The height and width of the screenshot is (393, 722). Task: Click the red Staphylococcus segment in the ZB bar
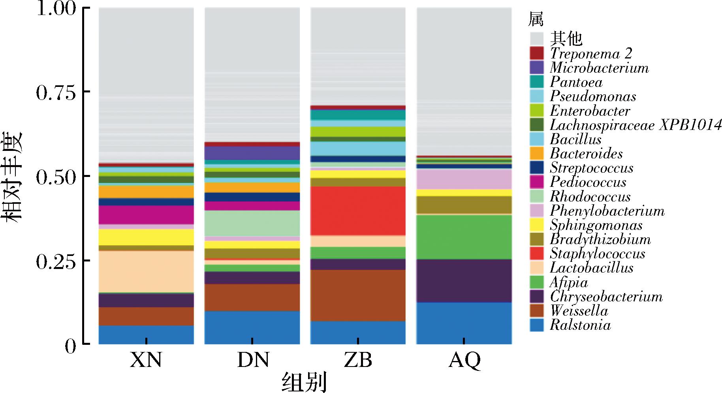[x=358, y=211]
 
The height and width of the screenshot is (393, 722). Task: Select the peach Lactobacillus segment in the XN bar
[x=146, y=271]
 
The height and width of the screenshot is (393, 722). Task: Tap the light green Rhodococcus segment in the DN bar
[x=252, y=223]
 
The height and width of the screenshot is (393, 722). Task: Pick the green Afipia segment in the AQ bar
[x=464, y=237]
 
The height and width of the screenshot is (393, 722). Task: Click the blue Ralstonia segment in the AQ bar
[x=464, y=323]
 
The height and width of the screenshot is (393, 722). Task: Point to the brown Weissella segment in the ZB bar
[x=358, y=295]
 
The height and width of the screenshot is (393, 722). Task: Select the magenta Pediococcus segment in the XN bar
[x=146, y=215]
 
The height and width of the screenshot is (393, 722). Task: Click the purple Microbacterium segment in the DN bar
[x=252, y=153]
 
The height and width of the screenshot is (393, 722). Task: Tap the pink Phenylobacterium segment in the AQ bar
[x=464, y=179]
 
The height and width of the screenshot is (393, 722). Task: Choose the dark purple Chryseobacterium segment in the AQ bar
[x=464, y=280]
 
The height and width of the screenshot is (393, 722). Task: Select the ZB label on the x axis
[x=358, y=360]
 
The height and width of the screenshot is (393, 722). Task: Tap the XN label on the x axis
[x=146, y=360]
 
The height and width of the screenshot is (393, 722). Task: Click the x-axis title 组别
[x=305, y=382]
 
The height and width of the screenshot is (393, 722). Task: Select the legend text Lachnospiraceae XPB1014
[x=636, y=125]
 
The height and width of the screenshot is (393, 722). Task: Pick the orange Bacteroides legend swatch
[x=537, y=153]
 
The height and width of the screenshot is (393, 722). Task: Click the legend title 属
[x=536, y=19]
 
